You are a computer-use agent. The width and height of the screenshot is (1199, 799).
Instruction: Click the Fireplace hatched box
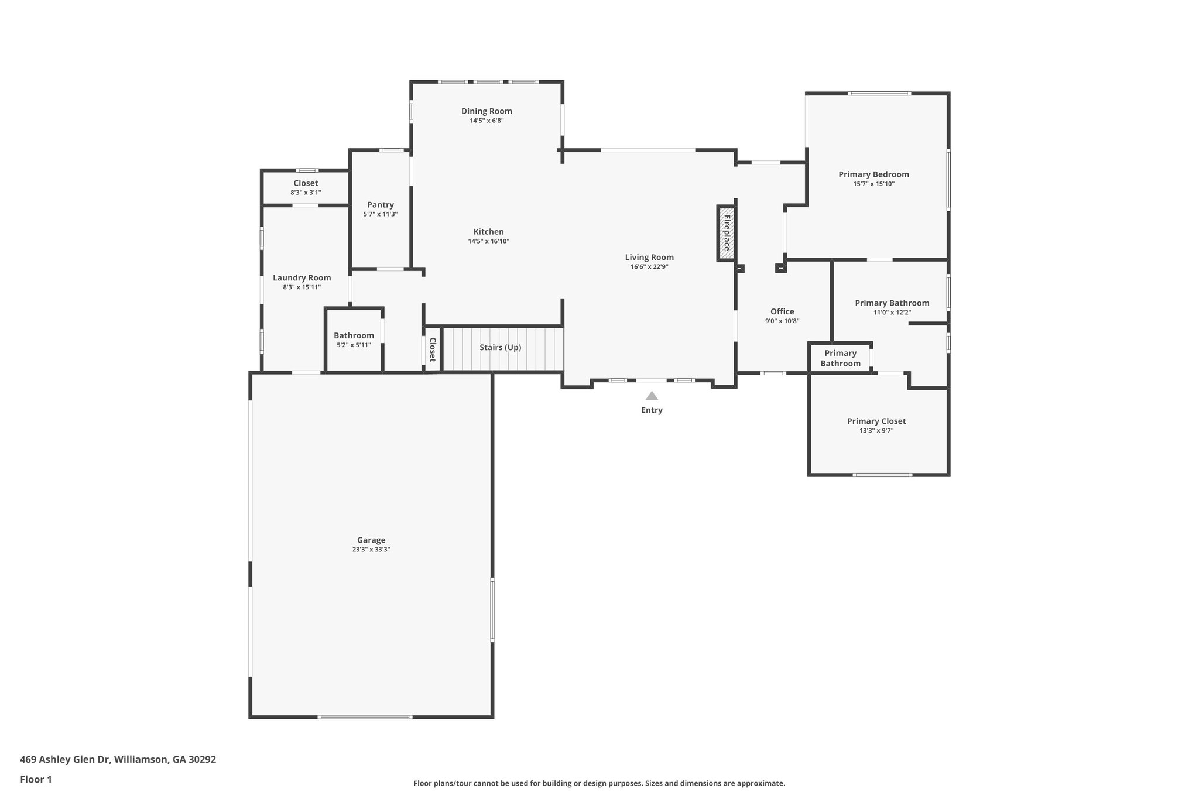pos(726,233)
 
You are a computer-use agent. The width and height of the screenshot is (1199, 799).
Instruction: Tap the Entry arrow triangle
pos(652,396)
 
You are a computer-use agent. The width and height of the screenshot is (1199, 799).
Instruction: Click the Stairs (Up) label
pos(500,347)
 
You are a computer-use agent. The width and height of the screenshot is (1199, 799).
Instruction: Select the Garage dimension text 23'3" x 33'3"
pos(371,550)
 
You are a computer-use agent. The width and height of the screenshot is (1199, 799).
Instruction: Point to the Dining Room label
pos(487,111)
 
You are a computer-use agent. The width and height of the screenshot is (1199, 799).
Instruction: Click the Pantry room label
pos(381,205)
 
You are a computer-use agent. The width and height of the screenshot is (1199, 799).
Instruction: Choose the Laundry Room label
pos(302,278)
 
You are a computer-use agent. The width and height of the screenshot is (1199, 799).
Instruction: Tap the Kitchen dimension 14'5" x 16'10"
pos(488,241)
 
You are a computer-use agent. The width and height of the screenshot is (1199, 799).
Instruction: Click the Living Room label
pos(649,257)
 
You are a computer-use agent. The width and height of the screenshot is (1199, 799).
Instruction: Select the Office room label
pos(782,311)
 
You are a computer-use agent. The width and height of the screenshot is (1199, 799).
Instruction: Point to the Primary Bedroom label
pos(873,174)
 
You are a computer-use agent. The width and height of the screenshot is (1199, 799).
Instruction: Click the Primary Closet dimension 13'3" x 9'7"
pos(876,431)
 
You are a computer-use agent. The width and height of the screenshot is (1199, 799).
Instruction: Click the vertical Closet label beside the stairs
pos(433,349)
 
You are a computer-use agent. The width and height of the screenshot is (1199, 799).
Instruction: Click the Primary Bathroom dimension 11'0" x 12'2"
pos(892,313)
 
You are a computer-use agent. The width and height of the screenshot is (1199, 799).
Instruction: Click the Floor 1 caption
pos(36,779)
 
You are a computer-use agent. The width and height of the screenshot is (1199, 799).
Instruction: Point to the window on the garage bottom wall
pos(365,717)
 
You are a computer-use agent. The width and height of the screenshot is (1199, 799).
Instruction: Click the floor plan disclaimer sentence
pos(599,783)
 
